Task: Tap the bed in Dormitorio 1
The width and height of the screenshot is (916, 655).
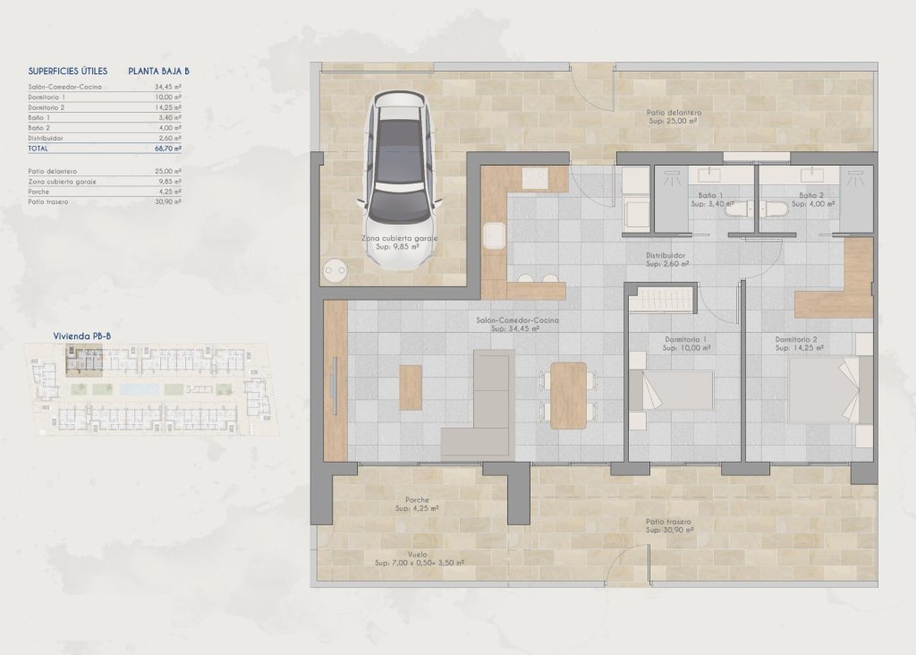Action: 671,390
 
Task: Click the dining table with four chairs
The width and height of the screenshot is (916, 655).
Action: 568,395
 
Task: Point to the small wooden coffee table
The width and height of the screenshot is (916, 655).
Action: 411,387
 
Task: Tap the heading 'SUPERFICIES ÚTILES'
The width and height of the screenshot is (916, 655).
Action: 68,70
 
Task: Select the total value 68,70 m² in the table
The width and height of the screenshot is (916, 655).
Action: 168,149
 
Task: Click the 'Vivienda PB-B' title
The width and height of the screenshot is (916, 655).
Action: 82,336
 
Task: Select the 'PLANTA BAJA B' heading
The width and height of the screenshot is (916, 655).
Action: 159,70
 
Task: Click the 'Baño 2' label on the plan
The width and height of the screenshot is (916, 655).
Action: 811,195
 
